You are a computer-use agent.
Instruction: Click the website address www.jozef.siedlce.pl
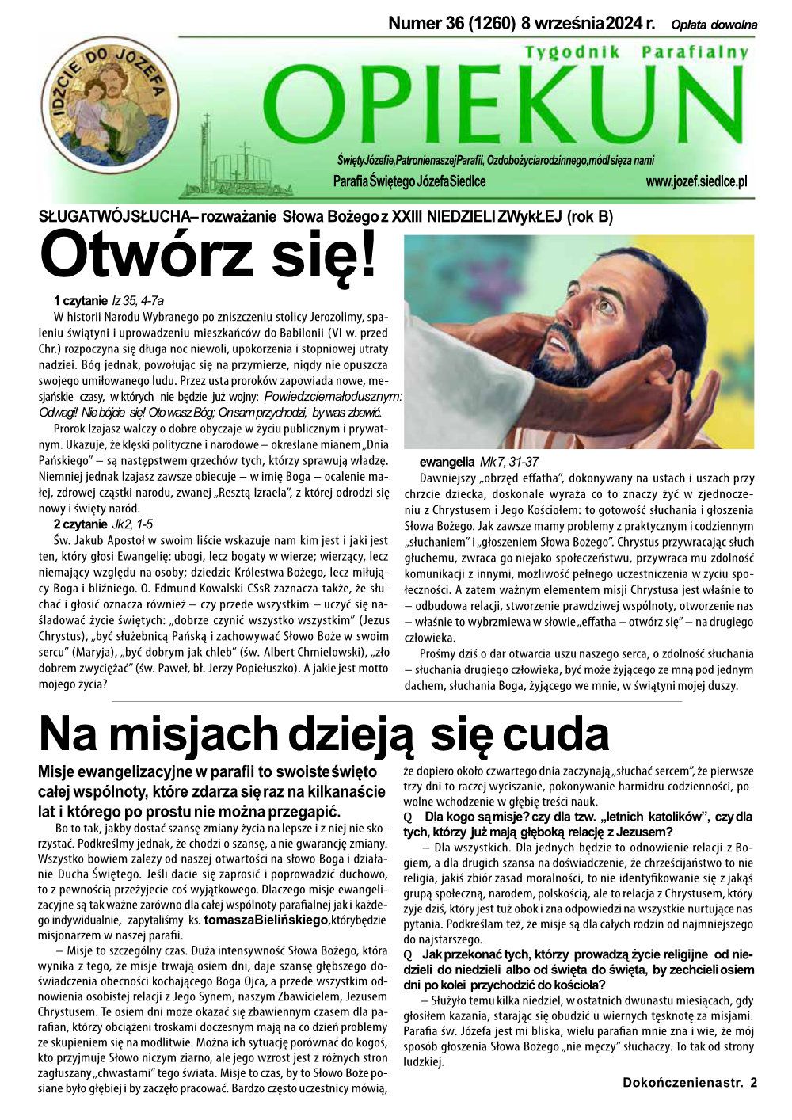pyautogui.click(x=696, y=182)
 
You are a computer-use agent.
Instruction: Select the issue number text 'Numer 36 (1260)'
pyautogui.click(x=452, y=24)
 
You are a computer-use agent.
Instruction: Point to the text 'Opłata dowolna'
pyautogui.click(x=714, y=25)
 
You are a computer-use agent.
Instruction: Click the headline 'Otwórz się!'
pyautogui.click(x=208, y=255)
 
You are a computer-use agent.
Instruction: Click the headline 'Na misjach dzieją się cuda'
pyautogui.click(x=324, y=733)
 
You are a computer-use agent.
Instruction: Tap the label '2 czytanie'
pyautogui.click(x=79, y=524)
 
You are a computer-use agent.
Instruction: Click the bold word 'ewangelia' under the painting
pyautogui.click(x=446, y=462)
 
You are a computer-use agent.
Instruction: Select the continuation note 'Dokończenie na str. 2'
pyautogui.click(x=689, y=1082)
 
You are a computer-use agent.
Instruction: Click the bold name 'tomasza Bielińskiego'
pyautogui.click(x=265, y=920)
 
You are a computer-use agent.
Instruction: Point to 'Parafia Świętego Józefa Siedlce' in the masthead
pyautogui.click(x=409, y=182)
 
